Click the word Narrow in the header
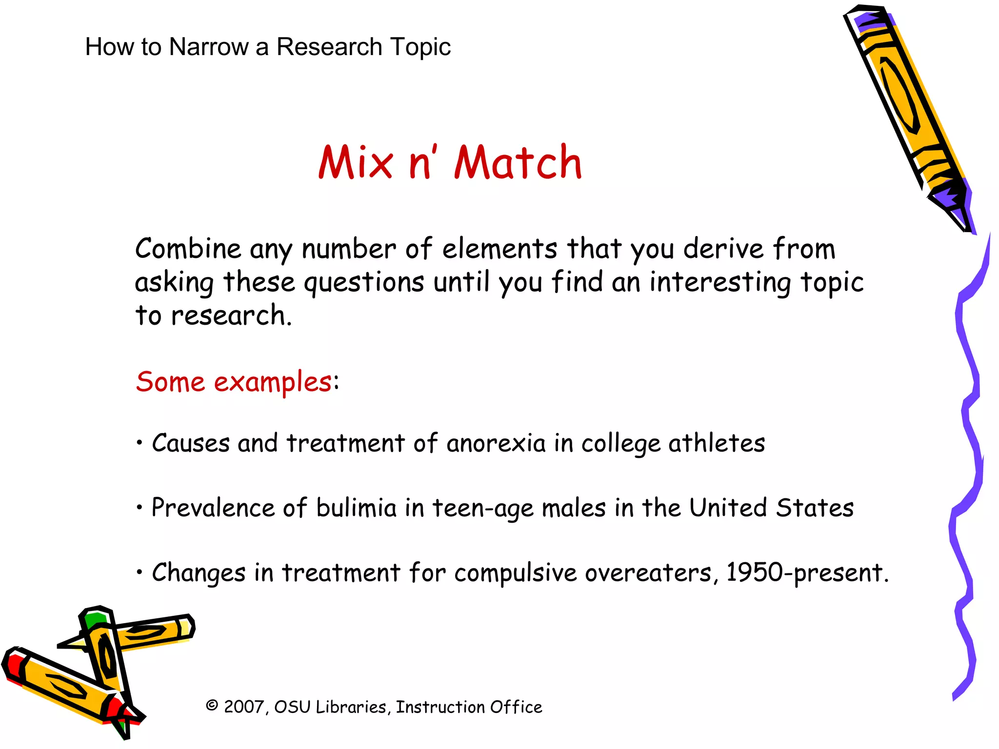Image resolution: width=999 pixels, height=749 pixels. pos(209,47)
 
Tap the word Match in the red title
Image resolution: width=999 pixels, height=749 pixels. pos(518,163)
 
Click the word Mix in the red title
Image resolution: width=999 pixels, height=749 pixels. pos(356,163)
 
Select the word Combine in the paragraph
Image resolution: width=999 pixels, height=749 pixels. pos(188,249)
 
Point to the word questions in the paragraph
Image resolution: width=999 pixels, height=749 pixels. pos(364,283)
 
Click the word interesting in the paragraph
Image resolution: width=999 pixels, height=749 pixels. pos(720,283)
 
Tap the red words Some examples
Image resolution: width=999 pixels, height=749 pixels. pos(234,382)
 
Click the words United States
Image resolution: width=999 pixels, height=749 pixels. pos(771,508)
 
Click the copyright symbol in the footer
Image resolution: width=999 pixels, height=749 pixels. pos(212,706)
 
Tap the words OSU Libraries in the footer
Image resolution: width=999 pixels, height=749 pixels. pos(331,707)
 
